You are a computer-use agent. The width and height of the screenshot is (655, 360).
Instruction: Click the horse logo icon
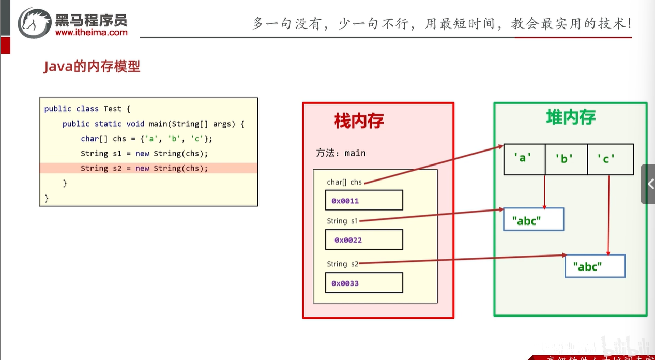click(35, 23)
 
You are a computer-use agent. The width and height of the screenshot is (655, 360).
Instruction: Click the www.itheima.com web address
click(91, 33)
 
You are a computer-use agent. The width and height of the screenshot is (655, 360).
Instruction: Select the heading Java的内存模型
click(92, 67)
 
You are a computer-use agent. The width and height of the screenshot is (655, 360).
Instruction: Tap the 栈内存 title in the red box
click(359, 121)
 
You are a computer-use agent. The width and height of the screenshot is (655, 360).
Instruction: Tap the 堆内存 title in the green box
click(571, 117)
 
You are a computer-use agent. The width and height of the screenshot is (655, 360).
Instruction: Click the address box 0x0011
click(364, 200)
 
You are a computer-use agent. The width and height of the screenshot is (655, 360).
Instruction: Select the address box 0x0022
click(364, 240)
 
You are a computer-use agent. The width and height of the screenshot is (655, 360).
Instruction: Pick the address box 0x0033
click(364, 283)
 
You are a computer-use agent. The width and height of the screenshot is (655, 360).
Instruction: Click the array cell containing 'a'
click(524, 159)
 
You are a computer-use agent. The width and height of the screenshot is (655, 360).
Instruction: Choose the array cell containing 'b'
click(566, 159)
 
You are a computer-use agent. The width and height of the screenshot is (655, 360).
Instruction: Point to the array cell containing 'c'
click(610, 159)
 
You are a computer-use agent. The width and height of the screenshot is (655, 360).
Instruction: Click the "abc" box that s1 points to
click(533, 219)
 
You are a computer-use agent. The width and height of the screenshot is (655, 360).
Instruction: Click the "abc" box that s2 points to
click(595, 266)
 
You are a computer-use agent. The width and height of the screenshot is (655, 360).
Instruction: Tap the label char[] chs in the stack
click(344, 182)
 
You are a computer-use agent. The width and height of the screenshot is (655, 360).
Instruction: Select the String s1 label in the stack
click(342, 221)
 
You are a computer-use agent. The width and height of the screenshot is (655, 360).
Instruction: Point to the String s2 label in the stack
click(342, 264)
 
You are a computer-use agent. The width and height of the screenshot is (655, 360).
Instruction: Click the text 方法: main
click(341, 153)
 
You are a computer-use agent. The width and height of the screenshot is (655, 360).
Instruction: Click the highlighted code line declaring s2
click(144, 168)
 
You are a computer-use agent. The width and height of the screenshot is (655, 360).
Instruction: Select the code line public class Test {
click(87, 109)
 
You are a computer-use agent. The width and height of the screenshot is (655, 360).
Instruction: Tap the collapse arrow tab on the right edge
click(649, 184)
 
